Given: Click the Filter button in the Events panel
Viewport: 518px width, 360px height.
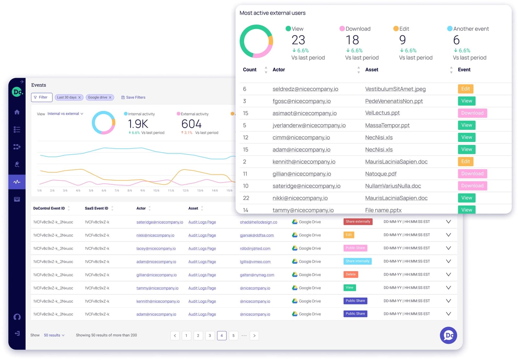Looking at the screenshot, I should [41, 97].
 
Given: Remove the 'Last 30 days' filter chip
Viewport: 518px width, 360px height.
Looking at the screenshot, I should [79, 98].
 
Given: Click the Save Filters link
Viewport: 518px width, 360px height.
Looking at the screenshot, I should [133, 97].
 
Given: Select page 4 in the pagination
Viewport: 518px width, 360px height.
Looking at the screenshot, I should [221, 335].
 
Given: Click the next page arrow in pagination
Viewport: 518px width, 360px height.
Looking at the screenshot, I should [254, 335].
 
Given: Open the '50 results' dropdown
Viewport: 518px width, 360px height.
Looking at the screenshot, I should [54, 335].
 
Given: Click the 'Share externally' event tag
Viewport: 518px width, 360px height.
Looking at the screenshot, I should [357, 222].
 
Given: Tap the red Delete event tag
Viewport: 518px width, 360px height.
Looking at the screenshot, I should [350, 274].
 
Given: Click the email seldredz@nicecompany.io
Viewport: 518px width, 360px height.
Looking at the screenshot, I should [305, 89].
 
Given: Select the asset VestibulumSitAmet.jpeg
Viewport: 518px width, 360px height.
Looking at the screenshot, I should [395, 89].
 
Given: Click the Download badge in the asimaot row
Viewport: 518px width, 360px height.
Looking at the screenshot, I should [472, 113].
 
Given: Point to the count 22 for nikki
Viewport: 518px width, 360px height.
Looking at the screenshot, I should [246, 198].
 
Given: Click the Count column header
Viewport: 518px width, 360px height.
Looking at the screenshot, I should [250, 70].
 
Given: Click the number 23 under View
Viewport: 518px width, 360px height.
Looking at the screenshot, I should [298, 40].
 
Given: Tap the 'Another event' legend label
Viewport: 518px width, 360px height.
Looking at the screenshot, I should [471, 29].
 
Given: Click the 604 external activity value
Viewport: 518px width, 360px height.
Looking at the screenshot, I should [191, 124].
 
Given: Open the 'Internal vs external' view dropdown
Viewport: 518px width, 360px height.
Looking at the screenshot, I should [65, 114].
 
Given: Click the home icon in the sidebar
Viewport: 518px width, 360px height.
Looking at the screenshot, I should [17, 112].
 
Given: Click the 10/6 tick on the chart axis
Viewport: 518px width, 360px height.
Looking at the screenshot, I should [156, 191].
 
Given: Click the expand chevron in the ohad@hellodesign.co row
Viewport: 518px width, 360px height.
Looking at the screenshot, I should [448, 222].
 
